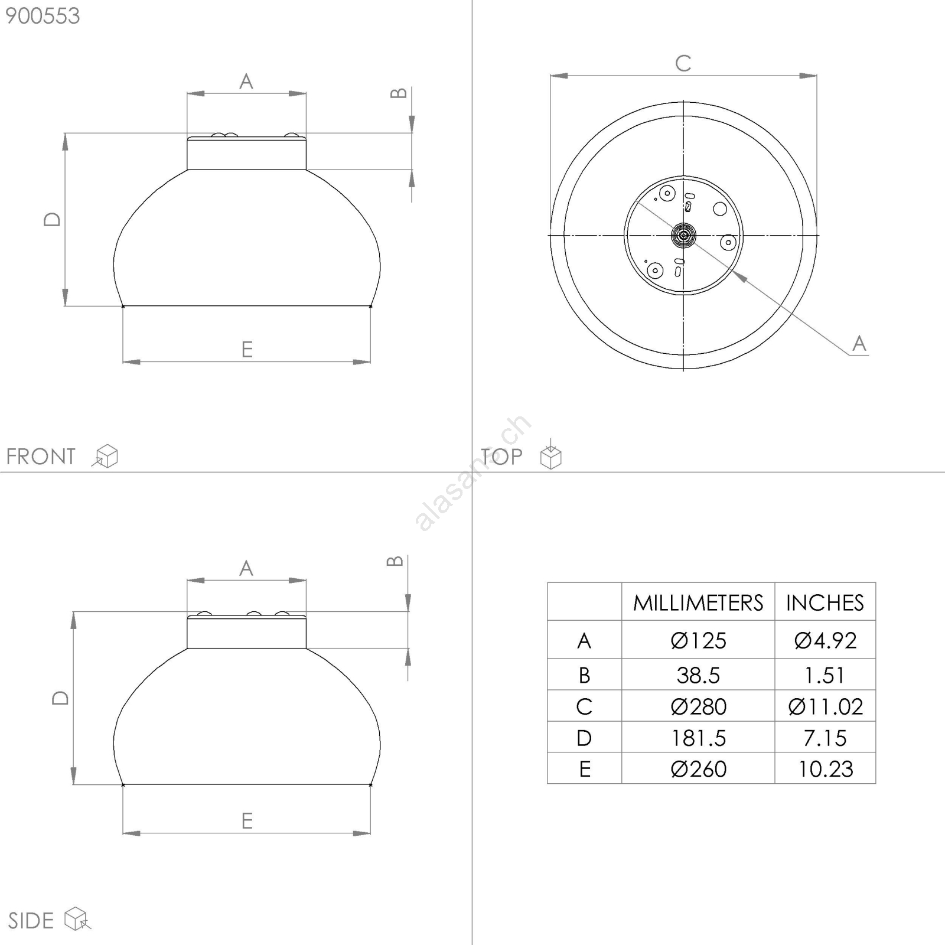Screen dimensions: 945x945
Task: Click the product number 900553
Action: (43, 16)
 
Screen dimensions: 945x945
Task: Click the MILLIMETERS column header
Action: (698, 603)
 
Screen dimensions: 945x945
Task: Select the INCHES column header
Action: (825, 603)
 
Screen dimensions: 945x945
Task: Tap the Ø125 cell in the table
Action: (698, 641)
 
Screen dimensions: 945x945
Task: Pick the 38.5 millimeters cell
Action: (698, 675)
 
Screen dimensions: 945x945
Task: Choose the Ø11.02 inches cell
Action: (825, 706)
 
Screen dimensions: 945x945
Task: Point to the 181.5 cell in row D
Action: (698, 738)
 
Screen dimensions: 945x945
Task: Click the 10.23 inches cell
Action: (826, 769)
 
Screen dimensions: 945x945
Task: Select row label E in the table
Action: (585, 769)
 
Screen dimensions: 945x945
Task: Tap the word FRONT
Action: (41, 457)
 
